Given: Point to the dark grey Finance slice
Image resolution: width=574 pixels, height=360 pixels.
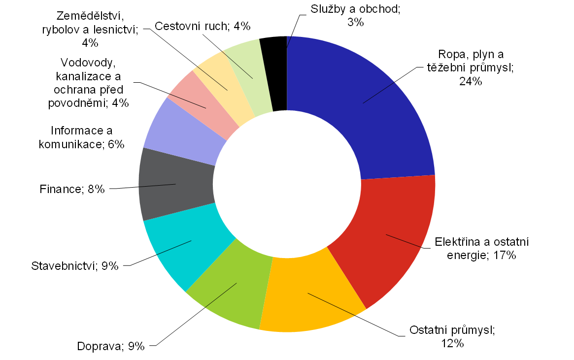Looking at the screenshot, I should (172, 185).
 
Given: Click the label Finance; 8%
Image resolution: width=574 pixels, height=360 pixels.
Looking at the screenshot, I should (72, 189).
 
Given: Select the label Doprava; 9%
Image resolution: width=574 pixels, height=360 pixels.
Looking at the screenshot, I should (111, 346).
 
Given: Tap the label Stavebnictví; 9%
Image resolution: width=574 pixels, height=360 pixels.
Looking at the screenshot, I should (75, 266).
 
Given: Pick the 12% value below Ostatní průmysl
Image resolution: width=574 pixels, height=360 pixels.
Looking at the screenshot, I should (452, 344).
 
